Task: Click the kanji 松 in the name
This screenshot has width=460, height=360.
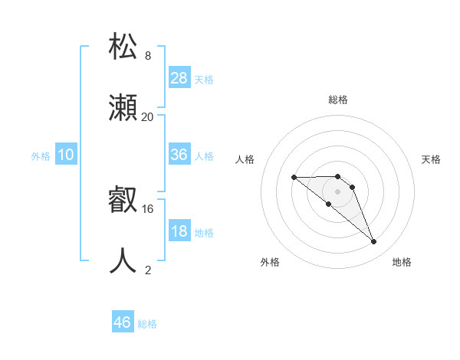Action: [x=123, y=46]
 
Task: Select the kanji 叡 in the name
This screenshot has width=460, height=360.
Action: [x=123, y=201]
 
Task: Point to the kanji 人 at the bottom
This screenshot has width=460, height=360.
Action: [x=123, y=260]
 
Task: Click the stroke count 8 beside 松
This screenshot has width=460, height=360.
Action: [x=148, y=56]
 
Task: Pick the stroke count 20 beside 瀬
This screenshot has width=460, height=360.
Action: [x=148, y=116]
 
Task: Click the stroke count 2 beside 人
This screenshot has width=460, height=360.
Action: [x=148, y=270]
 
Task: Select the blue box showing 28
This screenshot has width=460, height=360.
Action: [x=179, y=77]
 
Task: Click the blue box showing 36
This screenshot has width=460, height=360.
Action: [x=179, y=155]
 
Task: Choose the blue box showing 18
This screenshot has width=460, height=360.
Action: [x=179, y=231]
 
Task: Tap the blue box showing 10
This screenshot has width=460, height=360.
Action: [x=66, y=155]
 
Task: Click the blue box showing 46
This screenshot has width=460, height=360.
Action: [x=123, y=322]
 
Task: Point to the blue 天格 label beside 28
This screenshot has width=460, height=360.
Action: [x=204, y=79]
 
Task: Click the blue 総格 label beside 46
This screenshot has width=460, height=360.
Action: [x=147, y=324]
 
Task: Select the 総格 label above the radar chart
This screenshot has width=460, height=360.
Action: [x=337, y=100]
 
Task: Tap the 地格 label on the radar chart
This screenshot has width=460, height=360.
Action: [x=402, y=262]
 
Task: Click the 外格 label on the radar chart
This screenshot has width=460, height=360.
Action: [x=270, y=262]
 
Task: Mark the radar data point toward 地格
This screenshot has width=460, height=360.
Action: [x=373, y=242]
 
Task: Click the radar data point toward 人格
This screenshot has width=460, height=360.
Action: [x=294, y=178]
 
